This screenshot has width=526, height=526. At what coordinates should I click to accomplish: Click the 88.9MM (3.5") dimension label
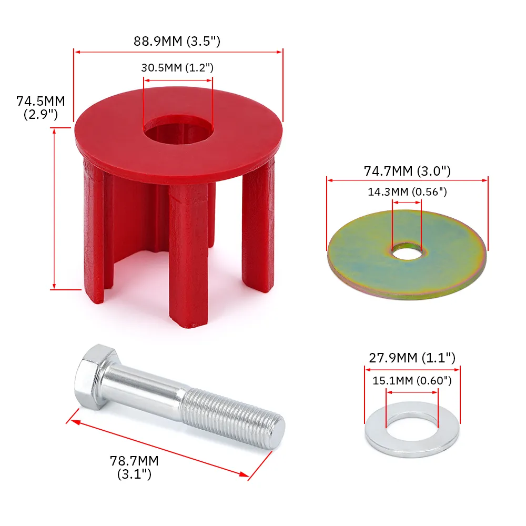(177, 41)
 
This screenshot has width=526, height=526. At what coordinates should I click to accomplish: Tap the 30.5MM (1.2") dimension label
(177, 68)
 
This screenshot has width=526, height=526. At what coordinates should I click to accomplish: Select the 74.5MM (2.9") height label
(41, 107)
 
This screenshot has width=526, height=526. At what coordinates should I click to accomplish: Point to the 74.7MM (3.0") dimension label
(408, 171)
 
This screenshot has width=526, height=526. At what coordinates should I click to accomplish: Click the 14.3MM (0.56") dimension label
(407, 192)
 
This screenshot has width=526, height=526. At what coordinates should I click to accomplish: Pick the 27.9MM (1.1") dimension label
(411, 358)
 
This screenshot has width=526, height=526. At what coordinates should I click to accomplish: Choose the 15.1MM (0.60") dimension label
(412, 380)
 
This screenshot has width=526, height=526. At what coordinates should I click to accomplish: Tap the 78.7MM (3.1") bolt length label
(134, 467)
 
